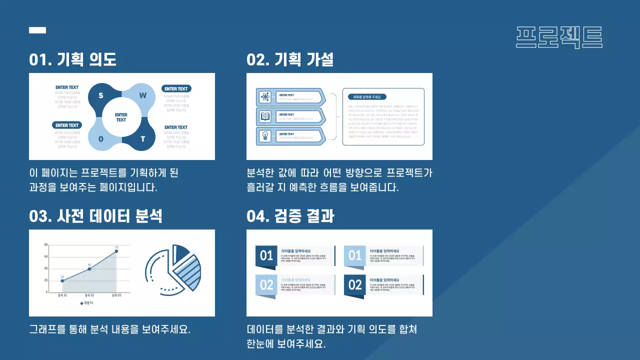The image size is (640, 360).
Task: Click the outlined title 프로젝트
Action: (559, 37)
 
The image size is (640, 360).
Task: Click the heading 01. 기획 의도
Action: (72, 60)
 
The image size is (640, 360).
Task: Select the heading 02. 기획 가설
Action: (290, 60)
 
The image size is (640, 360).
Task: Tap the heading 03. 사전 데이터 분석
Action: (95, 216)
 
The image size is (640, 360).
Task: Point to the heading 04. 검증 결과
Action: (290, 216)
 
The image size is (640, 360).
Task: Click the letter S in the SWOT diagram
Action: (101, 95)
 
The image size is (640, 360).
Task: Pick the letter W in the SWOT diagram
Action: (142, 95)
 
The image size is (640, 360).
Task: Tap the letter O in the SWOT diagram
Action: (101, 139)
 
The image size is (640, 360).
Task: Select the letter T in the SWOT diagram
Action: (142, 139)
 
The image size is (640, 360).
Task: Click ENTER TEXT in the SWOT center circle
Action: (121, 117)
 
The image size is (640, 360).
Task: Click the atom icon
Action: (265, 97)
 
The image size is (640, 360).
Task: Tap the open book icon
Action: (265, 116)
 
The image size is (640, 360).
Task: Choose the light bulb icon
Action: (265, 136)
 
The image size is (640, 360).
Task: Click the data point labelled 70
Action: (116, 251)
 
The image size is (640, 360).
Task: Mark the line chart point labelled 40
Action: (89, 269)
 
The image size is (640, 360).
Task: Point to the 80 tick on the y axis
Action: (46, 245)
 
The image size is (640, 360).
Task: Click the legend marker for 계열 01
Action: (81, 303)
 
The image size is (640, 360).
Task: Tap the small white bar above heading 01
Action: (37, 30)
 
